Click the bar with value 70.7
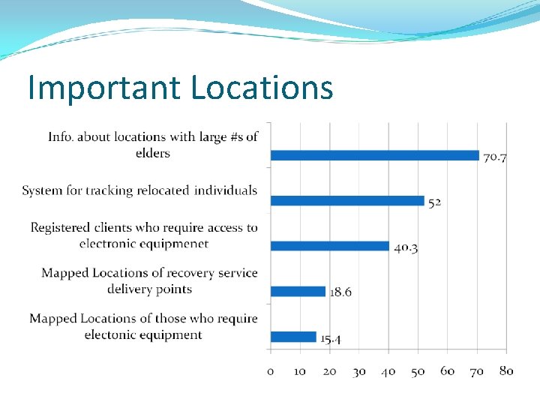374,155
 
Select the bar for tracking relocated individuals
346,200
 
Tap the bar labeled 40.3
329,246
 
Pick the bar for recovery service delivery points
298,291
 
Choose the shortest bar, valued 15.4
293,337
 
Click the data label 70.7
495,157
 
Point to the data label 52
434,202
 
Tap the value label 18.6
340,292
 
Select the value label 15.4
331,339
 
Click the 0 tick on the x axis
271,371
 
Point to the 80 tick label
506,371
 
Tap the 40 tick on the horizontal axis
388,371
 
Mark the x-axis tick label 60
448,371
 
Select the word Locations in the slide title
261,88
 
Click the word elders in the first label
153,153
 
